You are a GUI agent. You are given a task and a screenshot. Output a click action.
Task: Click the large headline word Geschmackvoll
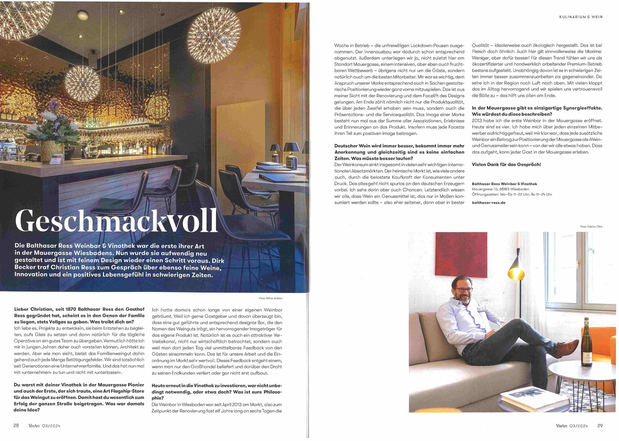click(116, 221)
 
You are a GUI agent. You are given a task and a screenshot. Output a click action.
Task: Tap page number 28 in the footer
click(16, 426)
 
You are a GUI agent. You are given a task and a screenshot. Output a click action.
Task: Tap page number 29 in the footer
click(600, 426)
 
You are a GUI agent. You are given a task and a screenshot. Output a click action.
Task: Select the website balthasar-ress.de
click(488, 203)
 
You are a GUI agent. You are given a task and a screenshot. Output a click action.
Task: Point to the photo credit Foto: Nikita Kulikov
click(271, 298)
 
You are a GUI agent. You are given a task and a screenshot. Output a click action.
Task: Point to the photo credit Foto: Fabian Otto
click(591, 227)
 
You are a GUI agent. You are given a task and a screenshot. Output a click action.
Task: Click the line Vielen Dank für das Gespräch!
click(506, 165)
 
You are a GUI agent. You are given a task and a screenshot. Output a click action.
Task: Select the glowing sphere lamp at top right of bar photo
click(214, 31)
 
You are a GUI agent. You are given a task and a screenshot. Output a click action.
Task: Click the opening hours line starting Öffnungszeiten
click(512, 195)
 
